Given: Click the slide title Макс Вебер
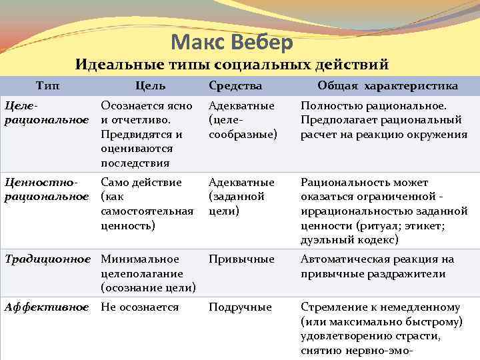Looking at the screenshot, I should click(231, 43).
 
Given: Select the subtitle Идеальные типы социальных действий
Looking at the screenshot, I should click(231, 65).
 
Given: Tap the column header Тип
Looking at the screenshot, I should click(47, 86).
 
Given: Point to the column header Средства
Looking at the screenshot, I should click(235, 86).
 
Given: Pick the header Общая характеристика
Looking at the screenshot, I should click(387, 86).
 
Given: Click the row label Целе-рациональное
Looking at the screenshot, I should click(47, 113).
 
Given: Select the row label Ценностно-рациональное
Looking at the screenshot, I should click(47, 189).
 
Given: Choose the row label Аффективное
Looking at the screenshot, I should click(47, 307).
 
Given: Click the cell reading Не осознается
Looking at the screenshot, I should click(139, 307).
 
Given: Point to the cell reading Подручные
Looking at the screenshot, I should click(240, 307).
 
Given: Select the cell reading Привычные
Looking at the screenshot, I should click(241, 259).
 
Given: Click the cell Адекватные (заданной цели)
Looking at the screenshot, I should click(241, 197).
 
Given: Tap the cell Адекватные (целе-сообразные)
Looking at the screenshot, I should click(241, 120).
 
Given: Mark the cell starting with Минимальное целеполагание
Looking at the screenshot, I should click(148, 273).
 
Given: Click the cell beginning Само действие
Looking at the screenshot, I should click(147, 204).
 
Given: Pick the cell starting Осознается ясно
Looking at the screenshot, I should click(147, 134).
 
